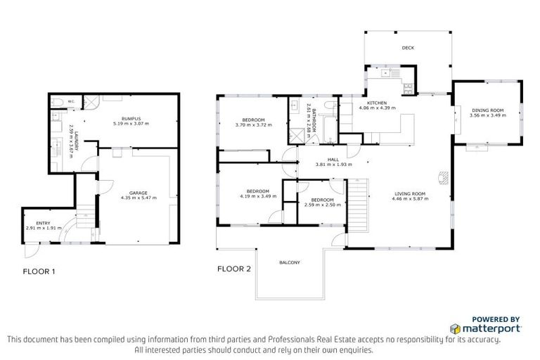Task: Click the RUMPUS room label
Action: click(x=132, y=118)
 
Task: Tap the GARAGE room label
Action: click(x=137, y=193)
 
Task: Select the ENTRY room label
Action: click(x=33, y=223)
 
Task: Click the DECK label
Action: click(x=407, y=49)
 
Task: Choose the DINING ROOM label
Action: click(x=487, y=110)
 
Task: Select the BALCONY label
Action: click(x=290, y=262)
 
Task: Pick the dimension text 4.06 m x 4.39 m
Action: click(x=378, y=108)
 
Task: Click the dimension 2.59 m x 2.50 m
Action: click(x=323, y=205)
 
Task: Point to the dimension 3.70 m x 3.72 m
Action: click(x=252, y=125)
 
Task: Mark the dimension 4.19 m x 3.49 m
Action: click(x=257, y=195)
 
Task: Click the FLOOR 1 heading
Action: click(x=39, y=271)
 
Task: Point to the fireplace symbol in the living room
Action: click(x=442, y=177)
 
